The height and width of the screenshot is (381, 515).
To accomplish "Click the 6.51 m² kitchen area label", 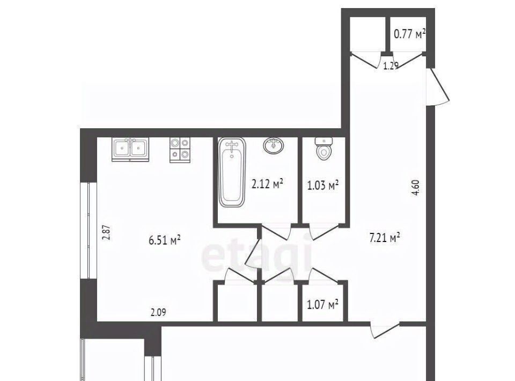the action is point(165,240).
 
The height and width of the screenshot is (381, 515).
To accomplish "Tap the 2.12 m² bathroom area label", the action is point(267,184).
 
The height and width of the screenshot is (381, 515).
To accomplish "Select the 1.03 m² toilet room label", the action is point(322,186).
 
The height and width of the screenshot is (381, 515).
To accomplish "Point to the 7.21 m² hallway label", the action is point(384,237).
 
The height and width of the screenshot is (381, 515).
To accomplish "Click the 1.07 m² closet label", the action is point(322,304).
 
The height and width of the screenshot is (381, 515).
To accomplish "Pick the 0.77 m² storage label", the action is point(409,33).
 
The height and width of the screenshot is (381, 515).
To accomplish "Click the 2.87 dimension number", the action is point(106,232).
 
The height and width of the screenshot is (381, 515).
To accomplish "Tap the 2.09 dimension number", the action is point(158,312).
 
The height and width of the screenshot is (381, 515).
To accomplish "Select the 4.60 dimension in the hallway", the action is point(415,187).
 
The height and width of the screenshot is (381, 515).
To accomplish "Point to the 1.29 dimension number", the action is point(391,66).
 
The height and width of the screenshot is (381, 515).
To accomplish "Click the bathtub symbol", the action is point(232,172).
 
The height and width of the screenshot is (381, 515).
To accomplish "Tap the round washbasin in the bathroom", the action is point(274,145).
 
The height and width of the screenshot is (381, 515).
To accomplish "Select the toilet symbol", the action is point(323,149).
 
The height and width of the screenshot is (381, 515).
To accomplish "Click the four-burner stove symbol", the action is point(180,150).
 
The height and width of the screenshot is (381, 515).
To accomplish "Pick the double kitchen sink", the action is point(130,149).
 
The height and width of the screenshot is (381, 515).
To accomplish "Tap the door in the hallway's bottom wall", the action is point(385,330).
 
